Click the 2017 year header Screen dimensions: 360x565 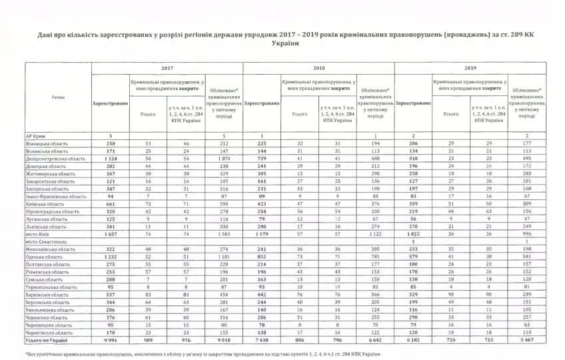(x=167, y=68)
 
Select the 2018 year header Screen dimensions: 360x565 (x=318, y=68)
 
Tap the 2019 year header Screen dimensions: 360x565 (x=470, y=68)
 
